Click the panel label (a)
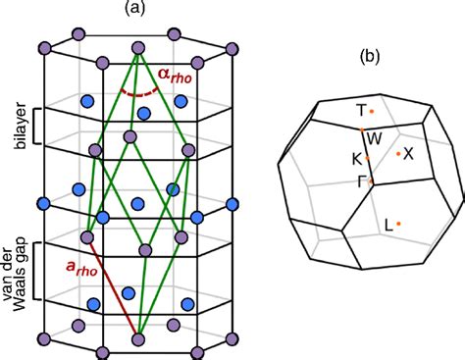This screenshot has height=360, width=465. [x=136, y=9]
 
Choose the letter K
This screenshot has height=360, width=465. [x=357, y=157]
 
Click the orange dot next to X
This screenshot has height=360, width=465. [x=397, y=153]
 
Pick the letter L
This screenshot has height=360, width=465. [x=388, y=226]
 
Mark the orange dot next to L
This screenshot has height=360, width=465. [x=399, y=225]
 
